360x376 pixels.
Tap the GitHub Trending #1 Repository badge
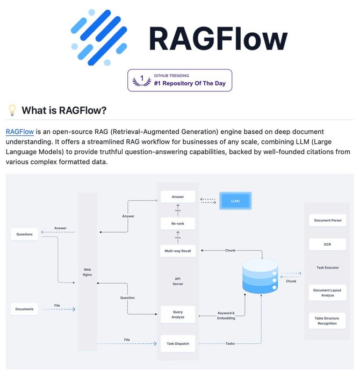point(179,80)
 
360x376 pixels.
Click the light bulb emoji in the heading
point(12,111)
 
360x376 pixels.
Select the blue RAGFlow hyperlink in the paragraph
point(20,132)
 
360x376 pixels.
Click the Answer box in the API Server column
point(178,197)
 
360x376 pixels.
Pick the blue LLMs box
point(235,200)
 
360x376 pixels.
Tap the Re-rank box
point(178,223)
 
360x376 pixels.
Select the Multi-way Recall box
point(178,250)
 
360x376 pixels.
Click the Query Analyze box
point(178,314)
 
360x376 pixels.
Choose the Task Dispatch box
point(178,343)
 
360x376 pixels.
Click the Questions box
point(25,234)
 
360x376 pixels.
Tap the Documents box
point(25,309)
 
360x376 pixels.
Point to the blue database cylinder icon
point(261,276)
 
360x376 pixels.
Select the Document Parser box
point(328,220)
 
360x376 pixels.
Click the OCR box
point(328,244)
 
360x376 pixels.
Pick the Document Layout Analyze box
point(328,293)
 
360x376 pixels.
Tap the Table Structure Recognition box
point(327,321)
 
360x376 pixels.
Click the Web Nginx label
point(88,272)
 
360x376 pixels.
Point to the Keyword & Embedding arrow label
point(226,315)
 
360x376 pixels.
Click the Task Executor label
point(328,267)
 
